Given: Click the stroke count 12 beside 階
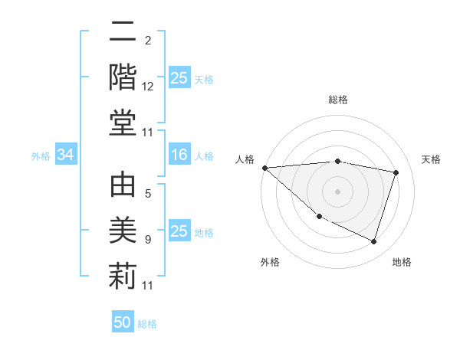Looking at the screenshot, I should [x=148, y=87].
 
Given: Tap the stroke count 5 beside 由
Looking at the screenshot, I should [x=148, y=194].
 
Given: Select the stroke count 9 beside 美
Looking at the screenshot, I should [x=148, y=240].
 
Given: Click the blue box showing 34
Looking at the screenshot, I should [x=66, y=155].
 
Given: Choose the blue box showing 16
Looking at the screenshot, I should [x=179, y=155].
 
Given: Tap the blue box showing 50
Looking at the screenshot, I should [x=123, y=322].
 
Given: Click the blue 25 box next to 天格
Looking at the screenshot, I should [x=179, y=78].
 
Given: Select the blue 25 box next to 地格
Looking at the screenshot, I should [x=179, y=231].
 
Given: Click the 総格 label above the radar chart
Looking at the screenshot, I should [x=338, y=100].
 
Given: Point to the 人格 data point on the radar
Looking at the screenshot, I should [x=264, y=168].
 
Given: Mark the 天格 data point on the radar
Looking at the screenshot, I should [x=396, y=172].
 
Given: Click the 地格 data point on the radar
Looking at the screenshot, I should [x=373, y=242].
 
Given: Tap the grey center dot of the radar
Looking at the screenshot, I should [x=338, y=191].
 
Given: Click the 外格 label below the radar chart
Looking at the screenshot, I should [x=270, y=262].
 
